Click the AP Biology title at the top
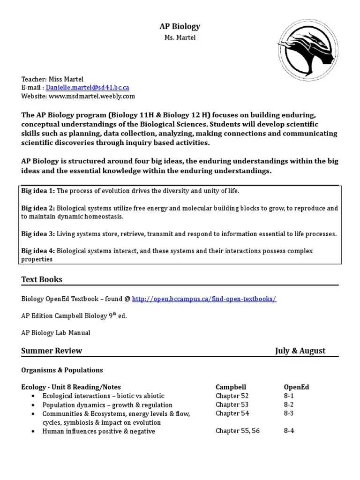coord(180,27)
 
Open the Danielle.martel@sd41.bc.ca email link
coord(88,88)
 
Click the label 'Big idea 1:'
coord(38,191)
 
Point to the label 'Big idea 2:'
coord(38,208)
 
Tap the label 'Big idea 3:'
coord(38,234)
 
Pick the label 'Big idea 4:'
coord(38,251)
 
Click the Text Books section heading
coord(42,279)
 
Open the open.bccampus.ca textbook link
coord(204,299)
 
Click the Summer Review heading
coord(52,351)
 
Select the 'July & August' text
coord(300,351)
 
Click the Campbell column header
coord(230,387)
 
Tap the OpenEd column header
coord(296,387)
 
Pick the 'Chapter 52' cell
coord(232,396)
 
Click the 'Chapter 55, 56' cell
coord(237,431)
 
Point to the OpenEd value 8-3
coord(289,413)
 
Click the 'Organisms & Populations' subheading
coord(62,370)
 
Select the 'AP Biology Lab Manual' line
coord(56,333)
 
